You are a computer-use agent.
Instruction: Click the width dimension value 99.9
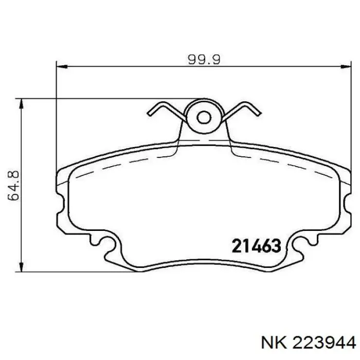pyautogui.click(x=203, y=59)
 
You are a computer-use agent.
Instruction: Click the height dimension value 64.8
pyautogui.click(x=15, y=186)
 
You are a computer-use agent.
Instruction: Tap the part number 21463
pyautogui.click(x=256, y=246)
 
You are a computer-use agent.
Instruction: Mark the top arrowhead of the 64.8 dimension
pyautogui.click(x=22, y=103)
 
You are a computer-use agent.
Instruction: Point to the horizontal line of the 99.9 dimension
pyautogui.click(x=129, y=66)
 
